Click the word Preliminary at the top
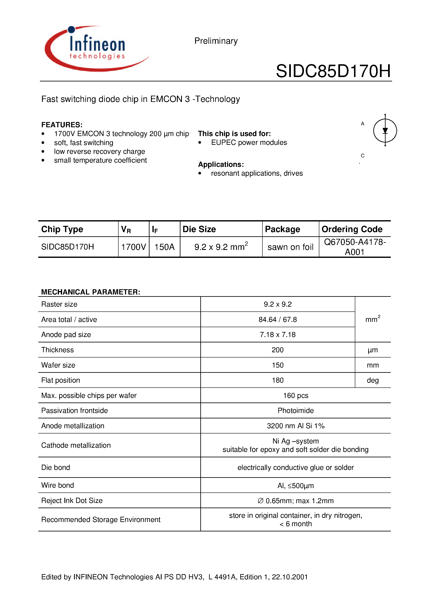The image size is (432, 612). (216, 41)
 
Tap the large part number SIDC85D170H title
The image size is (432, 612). (333, 71)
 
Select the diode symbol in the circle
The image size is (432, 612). (385, 131)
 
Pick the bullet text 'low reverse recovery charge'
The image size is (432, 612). (99, 151)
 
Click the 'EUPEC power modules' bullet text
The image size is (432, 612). (249, 143)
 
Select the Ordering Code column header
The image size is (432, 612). (352, 229)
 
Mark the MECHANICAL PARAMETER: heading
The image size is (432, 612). (91, 292)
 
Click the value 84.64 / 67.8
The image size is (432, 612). (277, 319)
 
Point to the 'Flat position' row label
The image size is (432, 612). (60, 380)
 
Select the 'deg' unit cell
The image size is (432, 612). (373, 380)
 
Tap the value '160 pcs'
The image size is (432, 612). (296, 395)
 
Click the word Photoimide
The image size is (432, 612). (296, 410)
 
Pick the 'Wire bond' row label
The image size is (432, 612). (58, 485)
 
